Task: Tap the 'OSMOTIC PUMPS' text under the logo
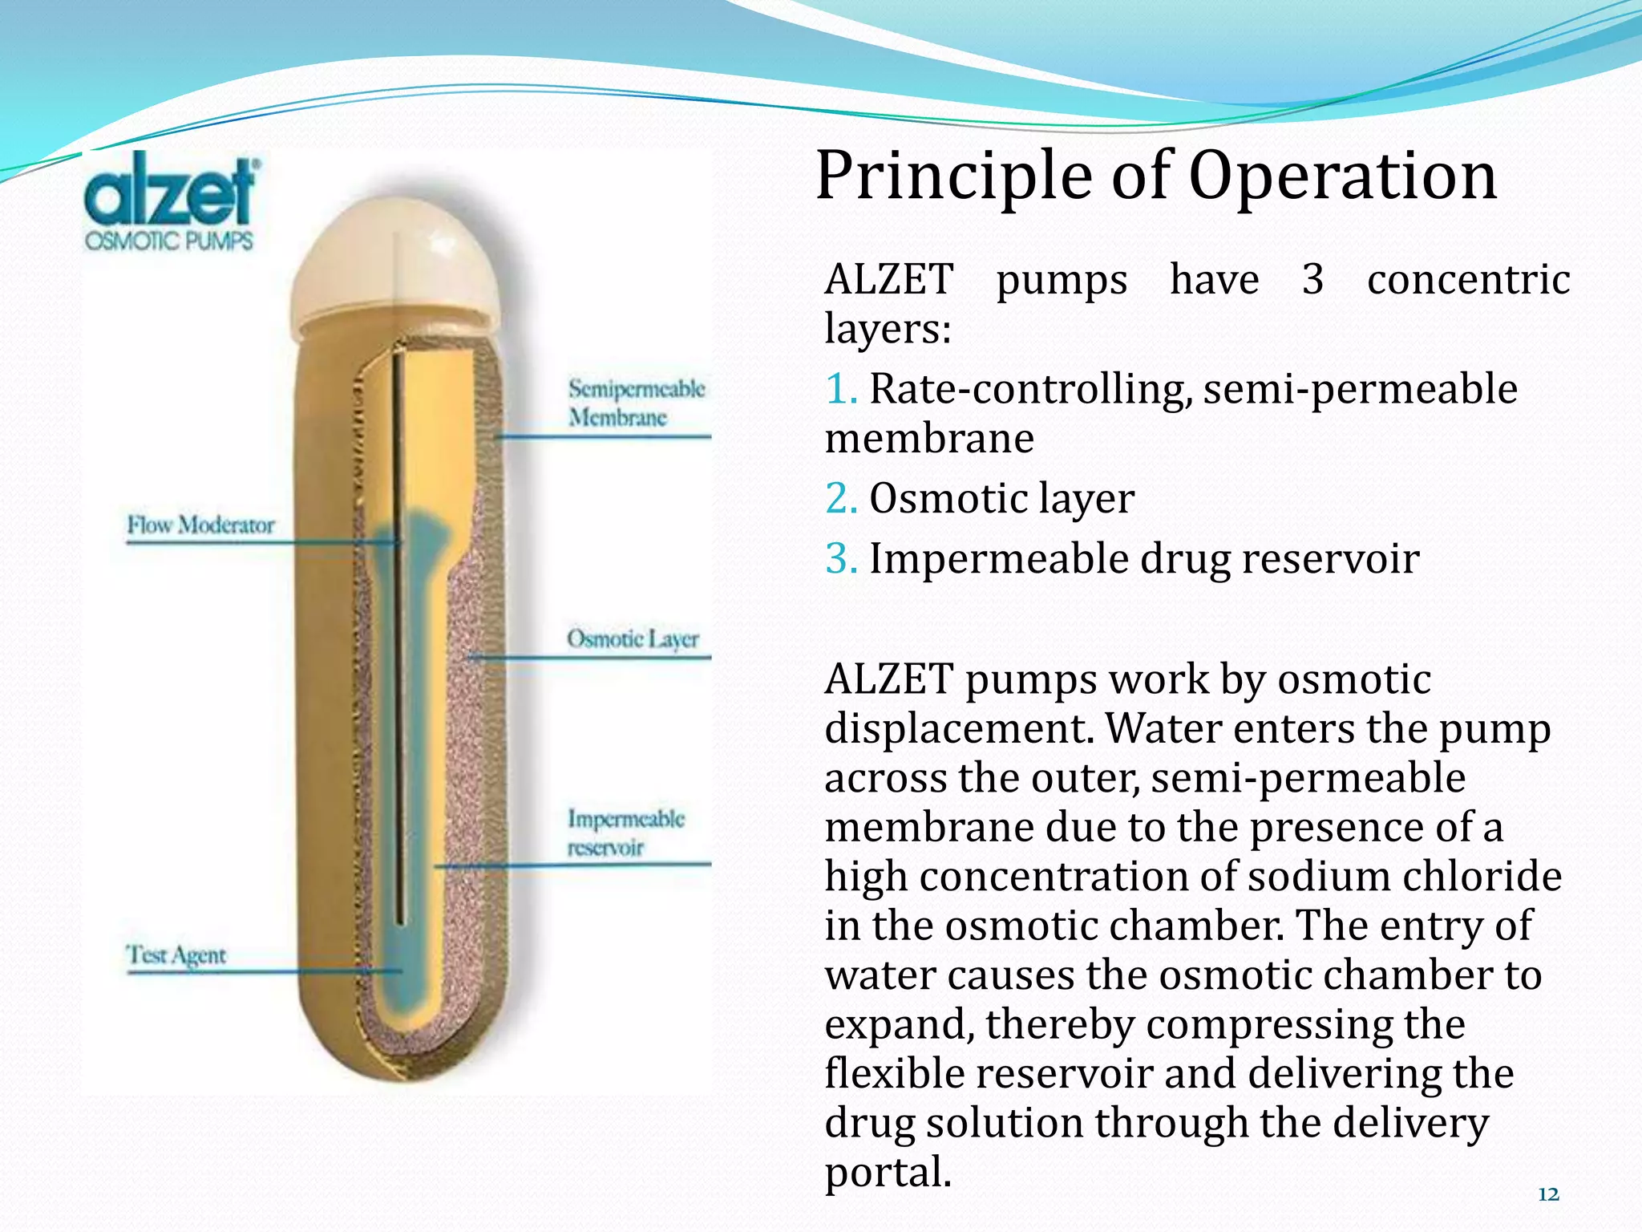tap(169, 241)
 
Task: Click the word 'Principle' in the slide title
tap(953, 178)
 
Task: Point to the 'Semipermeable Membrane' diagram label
tap(636, 403)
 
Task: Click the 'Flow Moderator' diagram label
tap(200, 525)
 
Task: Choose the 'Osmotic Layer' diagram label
tap(633, 639)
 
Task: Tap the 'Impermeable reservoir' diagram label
tap(625, 833)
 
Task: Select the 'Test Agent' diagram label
tap(176, 955)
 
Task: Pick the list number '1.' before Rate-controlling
tap(841, 389)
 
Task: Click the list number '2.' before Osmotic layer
tap(841, 499)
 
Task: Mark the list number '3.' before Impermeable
tap(841, 559)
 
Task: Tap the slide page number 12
tap(1548, 1195)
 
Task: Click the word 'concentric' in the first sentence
tap(1468, 280)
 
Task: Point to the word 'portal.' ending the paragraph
tap(888, 1173)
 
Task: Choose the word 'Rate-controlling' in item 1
tap(1025, 390)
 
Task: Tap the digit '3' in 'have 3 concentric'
tap(1312, 280)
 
